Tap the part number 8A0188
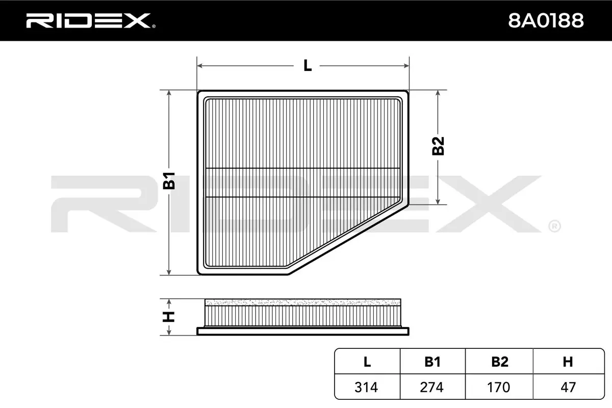[x=546, y=20]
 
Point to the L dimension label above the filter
[x=307, y=66]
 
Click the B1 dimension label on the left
[x=169, y=181]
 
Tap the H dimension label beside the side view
[x=169, y=316]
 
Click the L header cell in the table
[x=367, y=362]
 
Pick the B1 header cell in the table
[x=432, y=362]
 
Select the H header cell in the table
[x=567, y=362]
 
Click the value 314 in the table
[x=367, y=387]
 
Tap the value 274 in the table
[x=432, y=387]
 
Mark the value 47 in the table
[x=567, y=387]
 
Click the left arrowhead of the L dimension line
[x=200, y=66]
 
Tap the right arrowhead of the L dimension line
[x=407, y=66]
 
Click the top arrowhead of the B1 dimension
[x=169, y=94]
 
